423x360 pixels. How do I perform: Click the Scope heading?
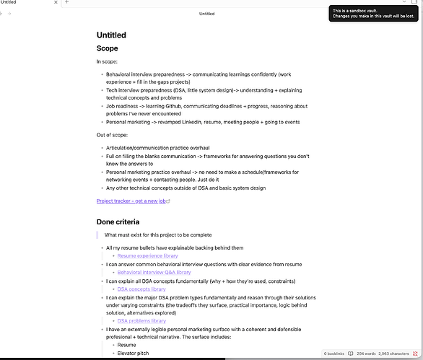(108, 48)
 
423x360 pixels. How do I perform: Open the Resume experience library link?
(147, 255)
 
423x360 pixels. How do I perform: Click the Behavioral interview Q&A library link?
(154, 272)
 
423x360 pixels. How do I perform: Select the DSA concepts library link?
(141, 289)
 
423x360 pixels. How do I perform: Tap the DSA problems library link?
(141, 320)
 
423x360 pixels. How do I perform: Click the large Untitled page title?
(111, 35)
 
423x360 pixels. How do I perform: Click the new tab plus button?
(66, 3)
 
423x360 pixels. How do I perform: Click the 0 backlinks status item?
(335, 354)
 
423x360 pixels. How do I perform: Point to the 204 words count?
(367, 354)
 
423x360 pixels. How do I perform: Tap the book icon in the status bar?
(351, 354)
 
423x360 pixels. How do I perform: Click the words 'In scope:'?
(107, 61)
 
